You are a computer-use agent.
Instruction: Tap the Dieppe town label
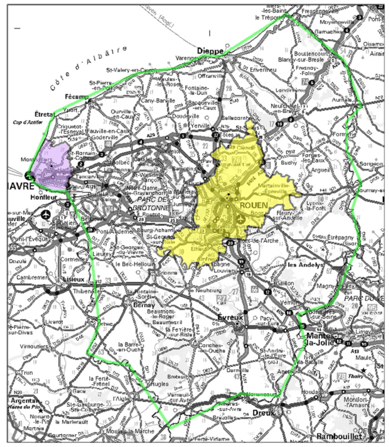(x=211, y=51)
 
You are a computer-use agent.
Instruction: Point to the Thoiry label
(x=372, y=369)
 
